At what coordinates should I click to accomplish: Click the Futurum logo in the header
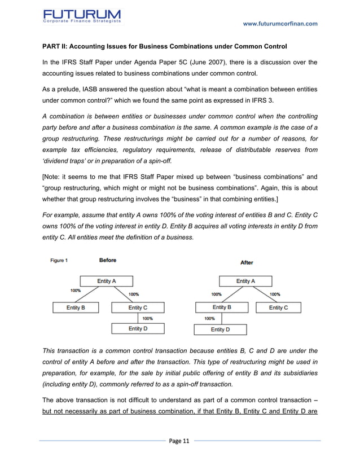click(x=81, y=17)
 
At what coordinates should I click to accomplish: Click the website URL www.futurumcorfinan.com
click(x=279, y=23)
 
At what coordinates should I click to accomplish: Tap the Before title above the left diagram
click(x=108, y=260)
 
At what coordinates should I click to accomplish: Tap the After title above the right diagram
click(x=247, y=262)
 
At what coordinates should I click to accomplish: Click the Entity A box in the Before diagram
click(x=107, y=281)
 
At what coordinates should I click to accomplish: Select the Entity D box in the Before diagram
click(x=138, y=328)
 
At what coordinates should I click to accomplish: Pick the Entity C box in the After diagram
click(x=278, y=307)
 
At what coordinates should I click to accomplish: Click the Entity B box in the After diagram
click(x=221, y=307)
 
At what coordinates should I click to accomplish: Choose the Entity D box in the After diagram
click(x=220, y=329)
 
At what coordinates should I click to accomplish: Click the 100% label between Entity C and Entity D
click(x=147, y=318)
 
